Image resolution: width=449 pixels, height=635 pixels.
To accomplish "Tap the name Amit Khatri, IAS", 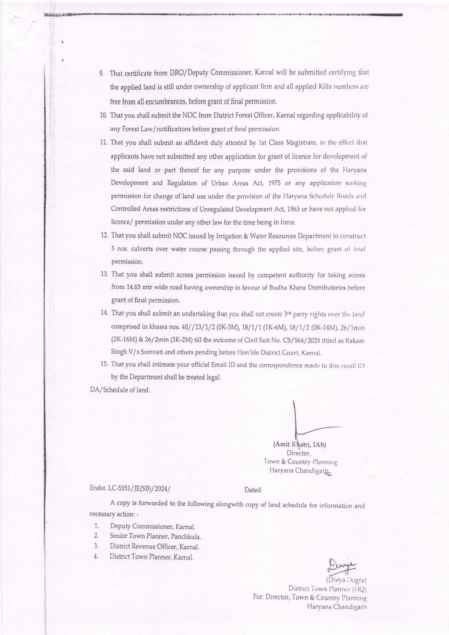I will pyautogui.click(x=300, y=444).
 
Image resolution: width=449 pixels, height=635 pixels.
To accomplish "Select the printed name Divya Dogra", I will pyautogui.click(x=347, y=580).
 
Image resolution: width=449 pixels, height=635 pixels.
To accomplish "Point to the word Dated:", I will pyautogui.click(x=253, y=490).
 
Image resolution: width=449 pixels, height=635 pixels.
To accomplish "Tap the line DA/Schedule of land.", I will pyautogui.click(x=120, y=390).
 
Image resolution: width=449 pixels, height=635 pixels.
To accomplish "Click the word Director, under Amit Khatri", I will pyautogui.click(x=299, y=453).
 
